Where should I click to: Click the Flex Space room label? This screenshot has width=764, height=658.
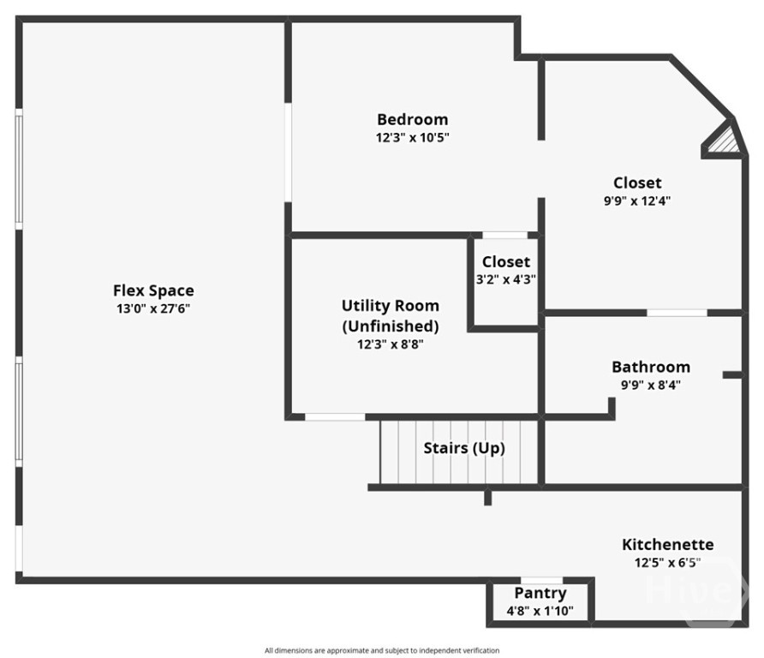coord(153,290)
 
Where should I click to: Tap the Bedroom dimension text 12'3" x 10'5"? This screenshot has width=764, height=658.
coord(412,136)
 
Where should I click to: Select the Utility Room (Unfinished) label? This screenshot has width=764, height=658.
coord(391,315)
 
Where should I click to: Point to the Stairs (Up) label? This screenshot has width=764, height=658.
coord(464,448)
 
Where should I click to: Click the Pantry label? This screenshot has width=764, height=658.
coord(540,593)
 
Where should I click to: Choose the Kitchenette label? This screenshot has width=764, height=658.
coord(667,544)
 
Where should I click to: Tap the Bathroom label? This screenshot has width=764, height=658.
coord(650,367)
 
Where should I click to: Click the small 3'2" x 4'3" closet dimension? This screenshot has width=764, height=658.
coord(505,279)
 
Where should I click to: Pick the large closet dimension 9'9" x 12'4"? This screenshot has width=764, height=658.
coord(636,200)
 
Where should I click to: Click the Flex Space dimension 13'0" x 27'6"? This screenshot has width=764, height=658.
coord(153,308)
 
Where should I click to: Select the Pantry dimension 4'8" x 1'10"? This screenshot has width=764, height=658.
coord(540,611)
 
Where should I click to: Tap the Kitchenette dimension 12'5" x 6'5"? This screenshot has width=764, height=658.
coord(667,562)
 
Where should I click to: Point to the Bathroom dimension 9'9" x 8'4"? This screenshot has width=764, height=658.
coord(650,385)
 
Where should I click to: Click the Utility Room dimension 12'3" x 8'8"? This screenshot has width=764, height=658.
coord(391,344)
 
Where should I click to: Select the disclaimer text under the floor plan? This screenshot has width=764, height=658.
coord(382,650)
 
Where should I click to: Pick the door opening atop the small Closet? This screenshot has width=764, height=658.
coord(504,235)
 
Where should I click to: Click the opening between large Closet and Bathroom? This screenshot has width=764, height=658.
coord(677,313)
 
